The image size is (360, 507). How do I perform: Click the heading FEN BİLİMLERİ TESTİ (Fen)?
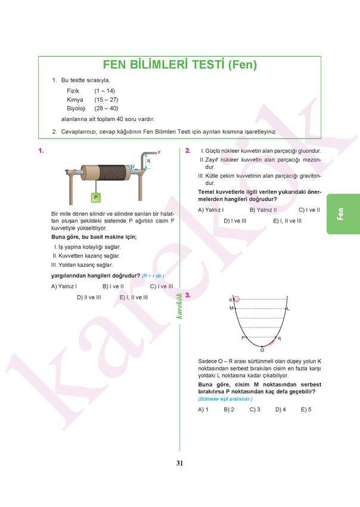(180, 66)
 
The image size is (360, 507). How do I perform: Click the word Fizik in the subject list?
(73, 91)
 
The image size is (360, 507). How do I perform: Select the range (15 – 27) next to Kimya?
(106, 100)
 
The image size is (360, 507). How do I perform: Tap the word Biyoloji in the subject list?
(76, 109)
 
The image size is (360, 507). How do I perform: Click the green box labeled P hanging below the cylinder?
(95, 196)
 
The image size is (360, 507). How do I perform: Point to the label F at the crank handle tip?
(159, 153)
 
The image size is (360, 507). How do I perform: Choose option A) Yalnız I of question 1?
(64, 286)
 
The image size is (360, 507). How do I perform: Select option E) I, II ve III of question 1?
(134, 297)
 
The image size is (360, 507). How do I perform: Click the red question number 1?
(41, 151)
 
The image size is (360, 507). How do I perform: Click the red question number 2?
(188, 151)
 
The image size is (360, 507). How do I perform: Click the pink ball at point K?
(236, 299)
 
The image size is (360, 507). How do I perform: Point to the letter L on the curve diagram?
(288, 308)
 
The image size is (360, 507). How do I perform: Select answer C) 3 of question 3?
(255, 410)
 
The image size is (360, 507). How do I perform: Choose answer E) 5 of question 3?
(306, 410)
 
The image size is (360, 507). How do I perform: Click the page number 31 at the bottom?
(179, 463)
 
